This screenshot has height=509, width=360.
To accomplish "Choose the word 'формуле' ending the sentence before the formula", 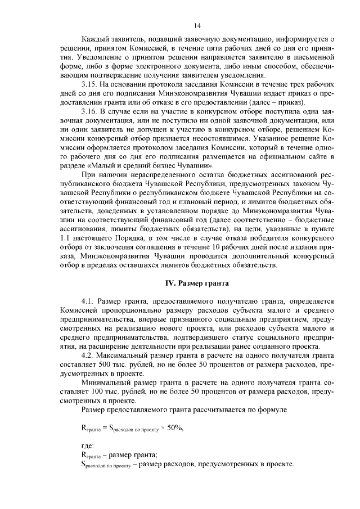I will point(268,409).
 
